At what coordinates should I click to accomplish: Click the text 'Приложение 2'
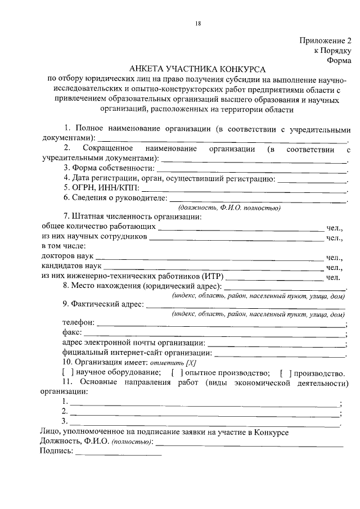(x=325, y=40)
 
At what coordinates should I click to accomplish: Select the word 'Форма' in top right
(x=339, y=60)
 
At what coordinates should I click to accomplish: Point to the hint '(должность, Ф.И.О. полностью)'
(x=241, y=207)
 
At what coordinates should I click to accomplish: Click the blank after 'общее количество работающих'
(x=241, y=228)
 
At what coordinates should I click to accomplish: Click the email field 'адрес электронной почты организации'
(x=276, y=344)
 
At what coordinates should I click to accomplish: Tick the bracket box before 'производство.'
(x=284, y=373)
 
